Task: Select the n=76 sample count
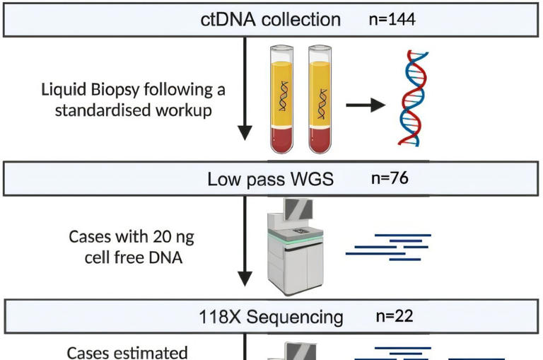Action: [x=390, y=178]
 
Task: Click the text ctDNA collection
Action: [x=270, y=19]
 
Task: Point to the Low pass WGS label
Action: [x=270, y=179]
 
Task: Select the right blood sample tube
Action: [x=320, y=99]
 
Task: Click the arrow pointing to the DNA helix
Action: [x=365, y=105]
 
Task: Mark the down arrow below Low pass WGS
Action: [x=244, y=240]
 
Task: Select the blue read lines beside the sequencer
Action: [x=388, y=246]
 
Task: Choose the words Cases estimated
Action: [x=127, y=352]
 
